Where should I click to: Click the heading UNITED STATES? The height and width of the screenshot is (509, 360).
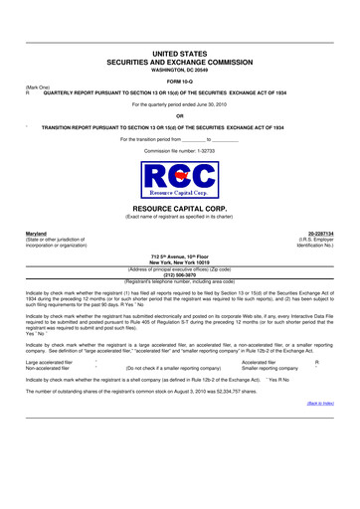pos(179,51)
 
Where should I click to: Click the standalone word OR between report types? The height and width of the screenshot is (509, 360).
pos(179,116)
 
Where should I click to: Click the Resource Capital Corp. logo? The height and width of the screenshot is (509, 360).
pos(179,179)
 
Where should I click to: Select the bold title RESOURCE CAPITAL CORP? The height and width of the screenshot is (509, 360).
pos(179,210)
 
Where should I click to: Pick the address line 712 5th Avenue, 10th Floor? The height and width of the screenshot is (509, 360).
pos(179,256)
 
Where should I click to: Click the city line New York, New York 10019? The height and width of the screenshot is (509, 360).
pos(179,262)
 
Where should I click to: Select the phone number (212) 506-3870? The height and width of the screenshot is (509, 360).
pos(179,277)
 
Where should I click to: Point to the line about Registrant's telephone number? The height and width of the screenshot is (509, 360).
pos(179,283)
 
